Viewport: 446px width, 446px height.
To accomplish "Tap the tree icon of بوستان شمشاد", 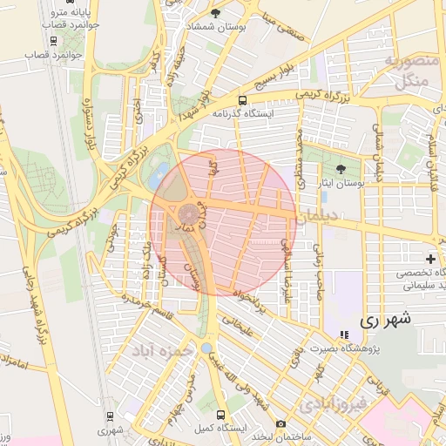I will [x=216, y=13].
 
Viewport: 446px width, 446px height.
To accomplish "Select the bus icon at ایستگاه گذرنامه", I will [x=242, y=101].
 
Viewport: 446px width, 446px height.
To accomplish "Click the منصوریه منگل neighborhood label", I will [x=402, y=71].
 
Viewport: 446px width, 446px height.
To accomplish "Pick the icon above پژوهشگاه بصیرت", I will [x=343, y=334].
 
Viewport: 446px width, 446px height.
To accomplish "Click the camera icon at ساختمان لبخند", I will [x=280, y=424].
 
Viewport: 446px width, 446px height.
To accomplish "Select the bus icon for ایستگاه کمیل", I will [x=220, y=416].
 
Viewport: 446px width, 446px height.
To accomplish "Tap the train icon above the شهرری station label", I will [x=109, y=416].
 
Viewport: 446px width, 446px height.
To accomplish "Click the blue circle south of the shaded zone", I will [x=206, y=348].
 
